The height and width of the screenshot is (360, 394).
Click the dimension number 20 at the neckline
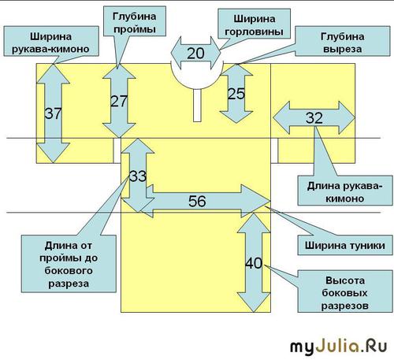pyautogui.click(x=195, y=54)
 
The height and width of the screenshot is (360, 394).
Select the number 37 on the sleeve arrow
pyautogui.click(x=53, y=113)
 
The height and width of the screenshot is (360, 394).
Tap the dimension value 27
pyautogui.click(x=119, y=101)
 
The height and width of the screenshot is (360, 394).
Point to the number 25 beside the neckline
pyautogui.click(x=236, y=94)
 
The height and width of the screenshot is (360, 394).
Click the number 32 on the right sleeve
pyautogui.click(x=314, y=117)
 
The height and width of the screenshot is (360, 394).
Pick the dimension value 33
pyautogui.click(x=138, y=176)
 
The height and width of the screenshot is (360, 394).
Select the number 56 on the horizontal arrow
pyautogui.click(x=197, y=202)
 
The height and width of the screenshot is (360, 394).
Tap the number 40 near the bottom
pyautogui.click(x=254, y=263)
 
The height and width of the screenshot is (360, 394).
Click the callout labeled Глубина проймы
pyautogui.click(x=135, y=21)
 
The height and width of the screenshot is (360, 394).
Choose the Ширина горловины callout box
pyautogui.click(x=255, y=24)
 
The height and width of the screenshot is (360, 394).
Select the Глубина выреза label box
pyautogui.click(x=343, y=41)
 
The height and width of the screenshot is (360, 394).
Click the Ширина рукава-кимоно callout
pyautogui.click(x=51, y=41)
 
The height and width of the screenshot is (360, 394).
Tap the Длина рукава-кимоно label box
pyautogui.click(x=345, y=191)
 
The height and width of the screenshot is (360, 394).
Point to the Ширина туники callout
pyautogui.click(x=345, y=245)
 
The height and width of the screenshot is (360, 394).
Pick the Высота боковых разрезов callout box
pyautogui.click(x=345, y=291)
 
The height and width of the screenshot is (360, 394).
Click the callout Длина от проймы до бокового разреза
pyautogui.click(x=69, y=264)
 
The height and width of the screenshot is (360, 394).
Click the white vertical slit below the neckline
pyautogui.click(x=197, y=106)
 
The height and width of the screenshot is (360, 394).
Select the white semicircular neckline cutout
pyautogui.click(x=197, y=76)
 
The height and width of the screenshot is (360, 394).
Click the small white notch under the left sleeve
pyautogui.click(x=117, y=150)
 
